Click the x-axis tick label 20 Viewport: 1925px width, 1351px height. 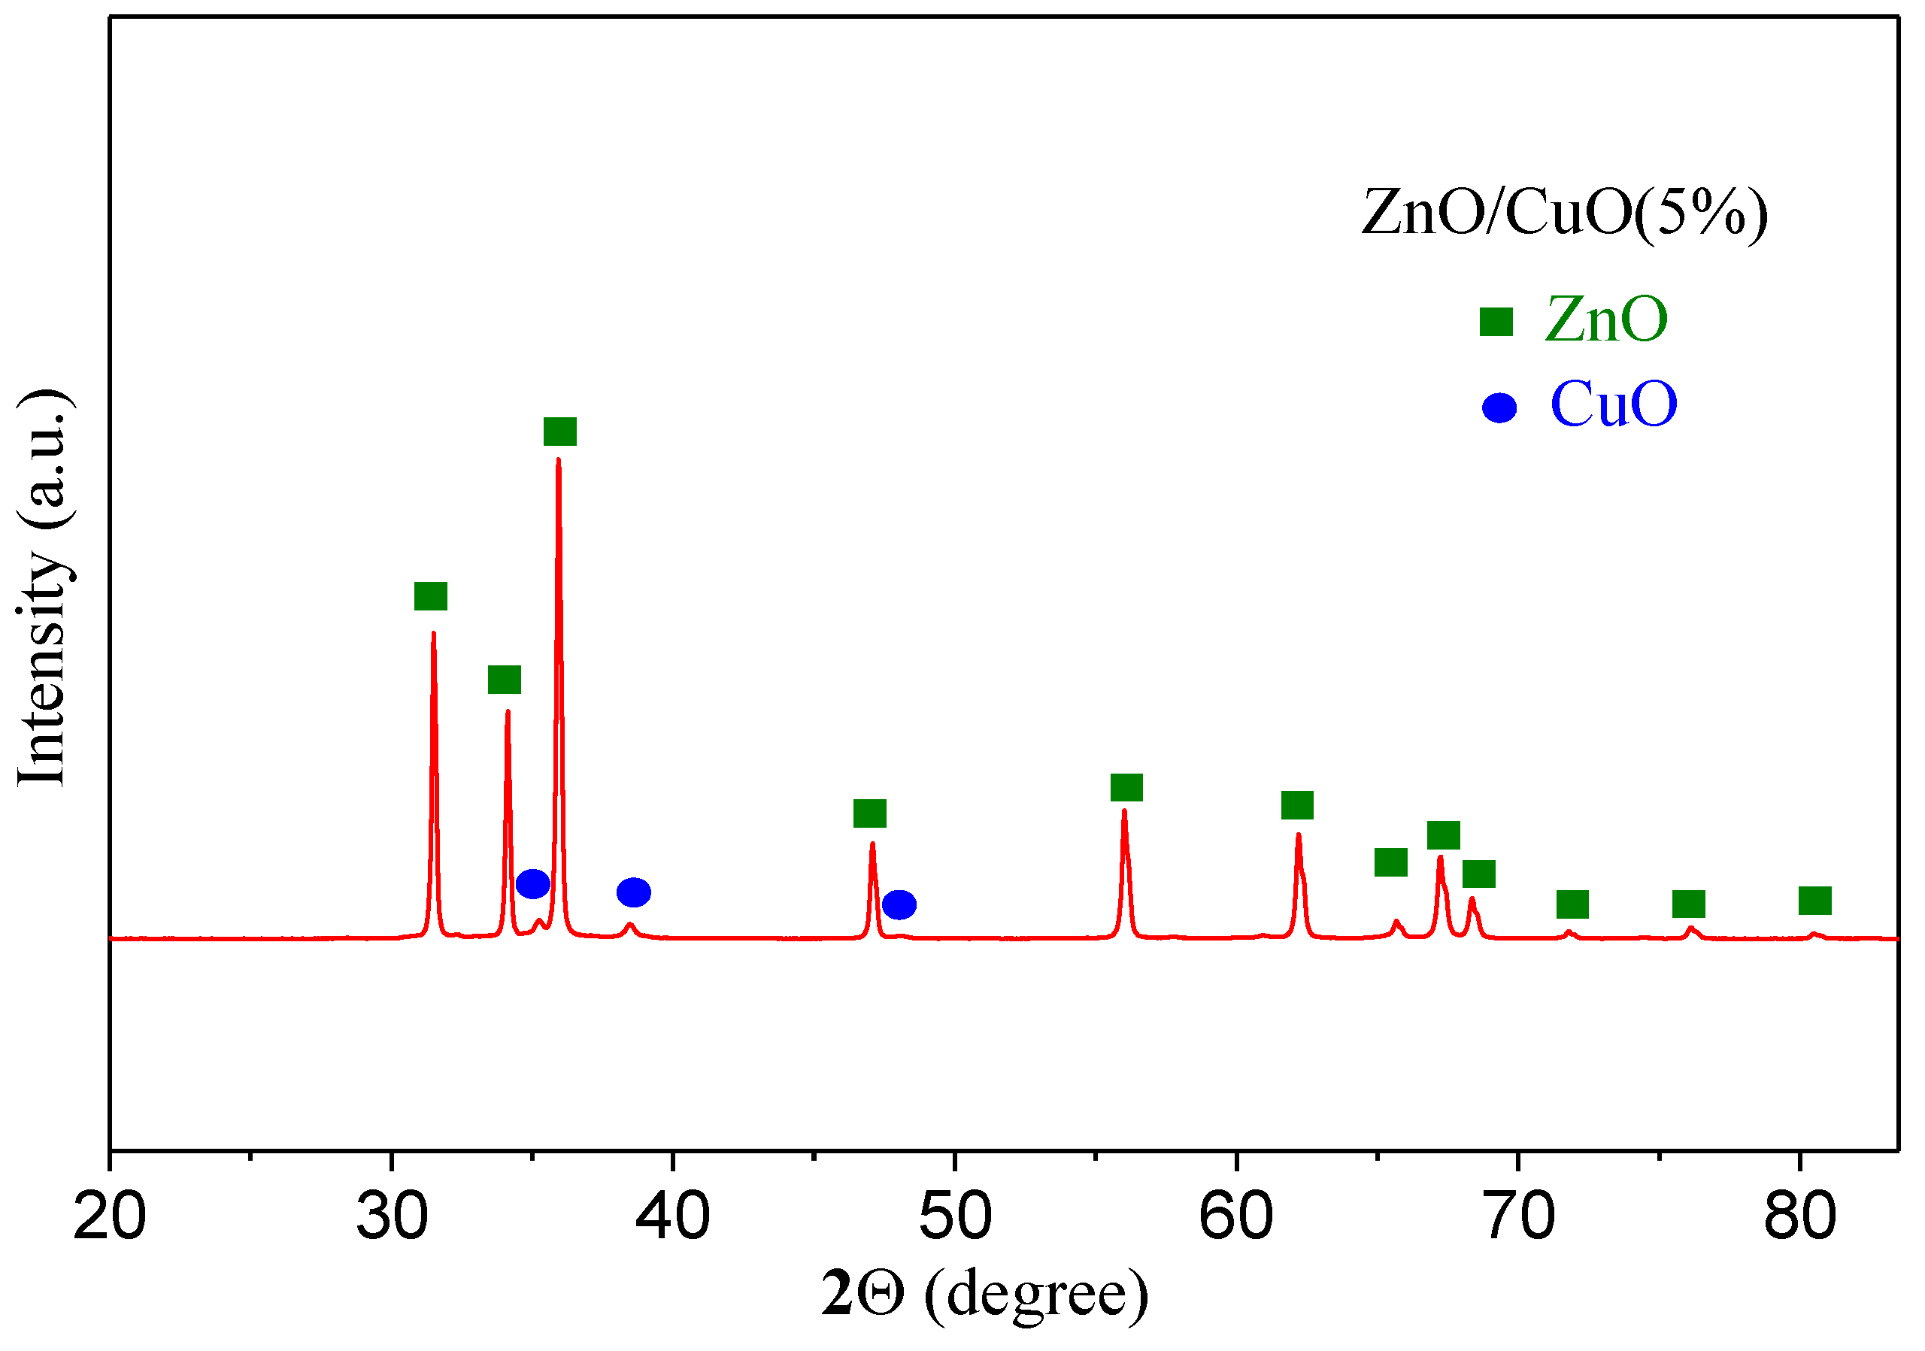tap(110, 1217)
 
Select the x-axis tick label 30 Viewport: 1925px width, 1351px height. tap(392, 1217)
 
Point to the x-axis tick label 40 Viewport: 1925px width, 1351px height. tap(672, 1217)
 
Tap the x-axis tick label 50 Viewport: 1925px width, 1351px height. tap(955, 1217)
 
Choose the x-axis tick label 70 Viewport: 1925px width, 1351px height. tap(1518, 1217)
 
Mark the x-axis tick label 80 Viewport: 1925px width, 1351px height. tap(1799, 1217)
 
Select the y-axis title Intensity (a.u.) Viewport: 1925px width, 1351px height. tap(44, 589)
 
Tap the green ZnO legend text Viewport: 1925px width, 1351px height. tap(1605, 320)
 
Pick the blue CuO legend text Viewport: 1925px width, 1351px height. tap(1613, 404)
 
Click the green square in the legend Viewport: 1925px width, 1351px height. tap(1496, 322)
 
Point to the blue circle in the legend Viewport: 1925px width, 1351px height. tap(1499, 408)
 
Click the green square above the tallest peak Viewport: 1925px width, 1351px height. tap(560, 432)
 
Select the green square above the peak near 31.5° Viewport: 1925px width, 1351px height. tap(431, 596)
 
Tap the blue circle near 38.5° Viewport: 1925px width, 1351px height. tap(634, 892)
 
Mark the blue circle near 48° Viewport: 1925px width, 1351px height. tap(899, 905)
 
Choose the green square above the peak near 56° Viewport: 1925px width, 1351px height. tap(1127, 788)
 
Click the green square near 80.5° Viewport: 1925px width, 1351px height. tap(1815, 901)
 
